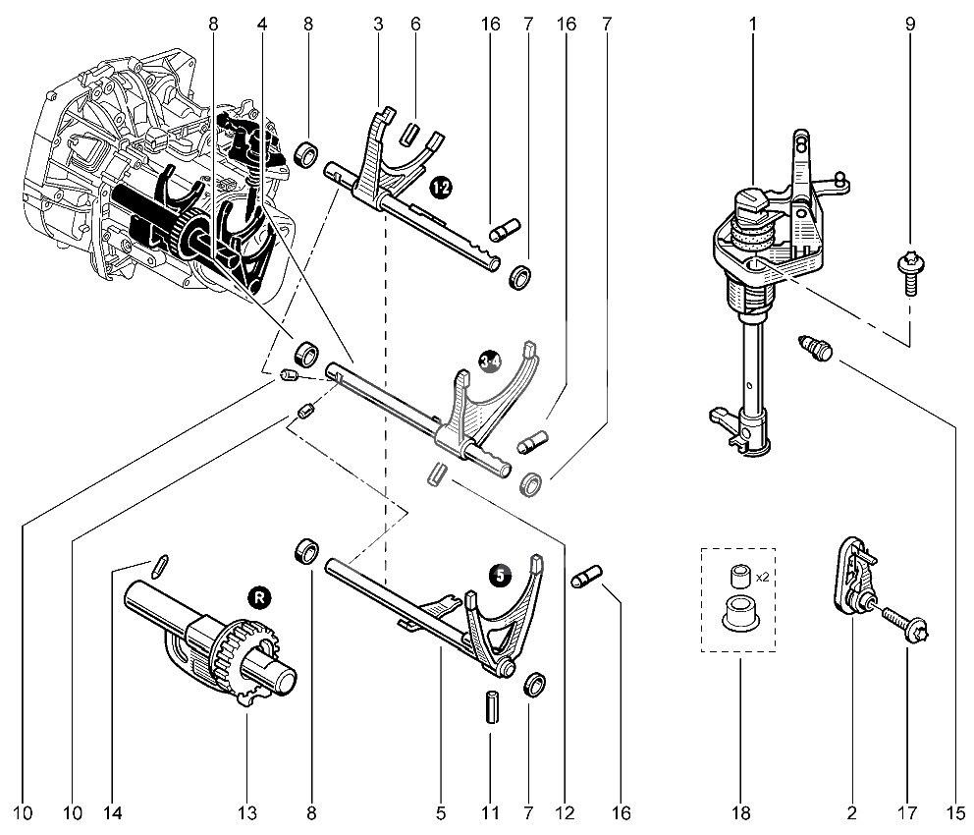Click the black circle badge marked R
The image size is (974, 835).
[259, 598]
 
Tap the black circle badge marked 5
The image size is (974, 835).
[500, 575]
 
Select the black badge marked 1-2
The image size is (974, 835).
[441, 187]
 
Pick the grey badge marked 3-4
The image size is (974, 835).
[490, 361]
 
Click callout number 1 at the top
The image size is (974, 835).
[753, 24]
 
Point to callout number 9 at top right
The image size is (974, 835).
[910, 24]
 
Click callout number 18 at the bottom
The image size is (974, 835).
[741, 812]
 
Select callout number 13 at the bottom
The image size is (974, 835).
[246, 812]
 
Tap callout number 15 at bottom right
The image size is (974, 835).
[956, 812]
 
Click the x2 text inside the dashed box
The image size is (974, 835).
[763, 578]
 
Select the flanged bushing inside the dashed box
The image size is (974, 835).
[739, 613]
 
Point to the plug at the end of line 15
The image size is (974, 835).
[816, 348]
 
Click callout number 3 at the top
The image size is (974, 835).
[378, 24]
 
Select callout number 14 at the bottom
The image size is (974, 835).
[114, 812]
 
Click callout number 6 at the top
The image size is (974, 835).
[415, 24]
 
